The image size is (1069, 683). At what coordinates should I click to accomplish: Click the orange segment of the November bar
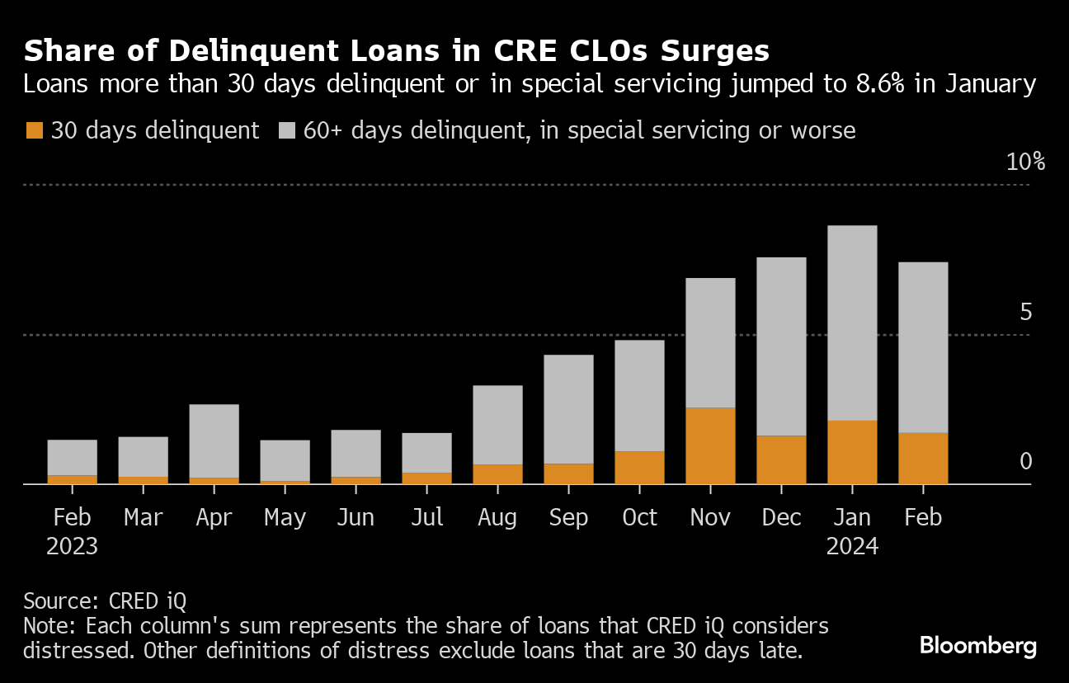point(710,445)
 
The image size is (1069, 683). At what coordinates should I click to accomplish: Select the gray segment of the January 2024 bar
point(852,323)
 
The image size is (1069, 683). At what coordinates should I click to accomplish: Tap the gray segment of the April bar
point(214,440)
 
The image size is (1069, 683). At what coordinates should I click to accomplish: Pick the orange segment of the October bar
point(639,467)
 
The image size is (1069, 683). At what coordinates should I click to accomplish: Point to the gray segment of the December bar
point(781,346)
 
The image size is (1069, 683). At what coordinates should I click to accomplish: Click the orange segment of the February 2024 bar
point(923,458)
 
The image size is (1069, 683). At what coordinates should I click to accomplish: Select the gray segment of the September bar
point(568,409)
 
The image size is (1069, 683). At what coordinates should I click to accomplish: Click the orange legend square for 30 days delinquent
point(34,130)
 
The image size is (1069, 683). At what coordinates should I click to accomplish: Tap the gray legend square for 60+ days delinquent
point(286,130)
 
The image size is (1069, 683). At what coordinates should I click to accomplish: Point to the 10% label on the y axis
point(1025,162)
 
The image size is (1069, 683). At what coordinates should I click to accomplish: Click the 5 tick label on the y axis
point(1025,313)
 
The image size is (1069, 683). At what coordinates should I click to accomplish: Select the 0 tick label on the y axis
point(1025,461)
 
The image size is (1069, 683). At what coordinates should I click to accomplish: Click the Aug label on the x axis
point(497,517)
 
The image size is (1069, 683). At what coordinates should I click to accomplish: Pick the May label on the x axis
point(285,517)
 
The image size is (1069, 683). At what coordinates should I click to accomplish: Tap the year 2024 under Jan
point(852,546)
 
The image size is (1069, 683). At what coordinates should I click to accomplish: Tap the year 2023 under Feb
point(72,546)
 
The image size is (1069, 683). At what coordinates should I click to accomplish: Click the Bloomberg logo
point(977,645)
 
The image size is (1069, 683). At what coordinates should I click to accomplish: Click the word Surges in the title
point(710,52)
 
